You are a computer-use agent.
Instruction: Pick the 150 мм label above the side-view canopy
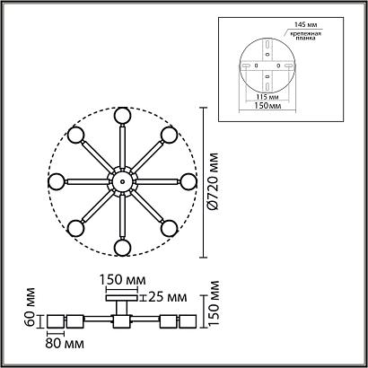pos(121,279)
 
